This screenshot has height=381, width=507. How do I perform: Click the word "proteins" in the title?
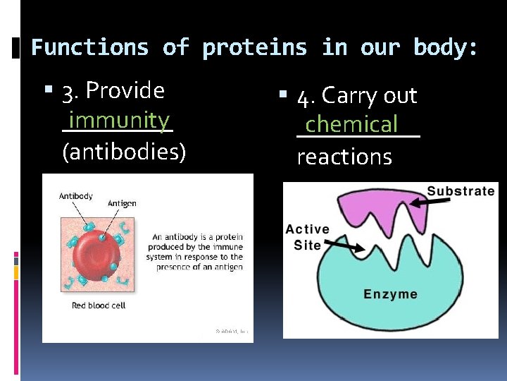(255, 48)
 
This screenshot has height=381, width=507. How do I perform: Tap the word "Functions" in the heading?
(90, 48)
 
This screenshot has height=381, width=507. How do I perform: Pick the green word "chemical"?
(351, 124)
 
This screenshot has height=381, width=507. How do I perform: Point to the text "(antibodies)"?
(124, 152)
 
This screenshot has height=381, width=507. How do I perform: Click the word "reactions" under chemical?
(344, 157)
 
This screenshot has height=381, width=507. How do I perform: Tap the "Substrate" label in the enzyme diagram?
(461, 191)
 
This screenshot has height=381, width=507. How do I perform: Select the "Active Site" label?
(307, 237)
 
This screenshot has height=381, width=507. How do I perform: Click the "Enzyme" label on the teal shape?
(390, 294)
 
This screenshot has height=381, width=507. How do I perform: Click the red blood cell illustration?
(99, 258)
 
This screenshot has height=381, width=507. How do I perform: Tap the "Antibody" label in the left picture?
(75, 196)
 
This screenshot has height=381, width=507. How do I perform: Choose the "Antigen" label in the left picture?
(122, 203)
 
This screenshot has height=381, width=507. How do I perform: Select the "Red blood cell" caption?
(100, 306)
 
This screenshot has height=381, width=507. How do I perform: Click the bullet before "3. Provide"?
(49, 91)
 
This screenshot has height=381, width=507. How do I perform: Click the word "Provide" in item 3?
(125, 90)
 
